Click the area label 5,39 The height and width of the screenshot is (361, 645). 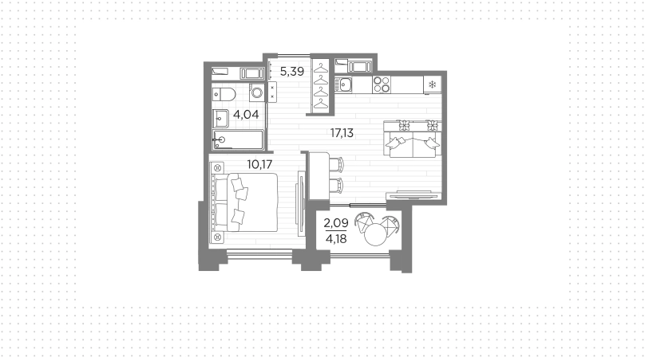pos(292,72)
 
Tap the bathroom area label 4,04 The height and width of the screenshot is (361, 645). pos(246,114)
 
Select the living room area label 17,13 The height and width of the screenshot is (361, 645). pos(342,132)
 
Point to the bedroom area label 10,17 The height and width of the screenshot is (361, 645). pos(259,164)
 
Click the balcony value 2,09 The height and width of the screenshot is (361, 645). pos(336,223)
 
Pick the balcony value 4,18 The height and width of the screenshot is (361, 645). pos(336,238)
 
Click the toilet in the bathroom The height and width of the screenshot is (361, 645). pos(224,95)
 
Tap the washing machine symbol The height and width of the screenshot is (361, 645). pos(257,92)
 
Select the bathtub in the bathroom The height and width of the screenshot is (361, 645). pos(238,140)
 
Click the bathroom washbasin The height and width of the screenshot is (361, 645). pos(220,119)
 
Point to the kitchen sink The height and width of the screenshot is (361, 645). pos(343,84)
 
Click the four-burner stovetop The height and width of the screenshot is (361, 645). pos(382,84)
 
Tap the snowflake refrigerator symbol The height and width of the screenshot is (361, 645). pos(433,84)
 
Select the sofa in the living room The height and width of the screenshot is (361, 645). pos(413,139)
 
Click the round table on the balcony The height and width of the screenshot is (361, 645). pos(376,235)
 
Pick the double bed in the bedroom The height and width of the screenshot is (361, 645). pos(245,202)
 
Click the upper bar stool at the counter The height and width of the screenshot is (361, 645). pos(337,164)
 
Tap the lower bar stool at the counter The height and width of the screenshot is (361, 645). pos(337,185)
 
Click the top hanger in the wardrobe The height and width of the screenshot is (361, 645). pos(321,68)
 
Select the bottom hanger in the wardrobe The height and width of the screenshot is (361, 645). pos(321,104)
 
